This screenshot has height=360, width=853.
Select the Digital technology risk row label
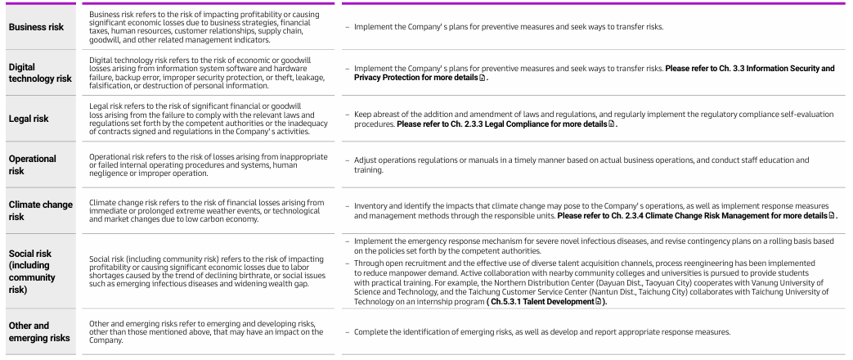(x=40, y=73)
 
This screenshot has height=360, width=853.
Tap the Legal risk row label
(x=29, y=119)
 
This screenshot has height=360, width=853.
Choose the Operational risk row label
(x=33, y=164)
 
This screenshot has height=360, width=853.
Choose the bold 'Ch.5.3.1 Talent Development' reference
(x=574, y=302)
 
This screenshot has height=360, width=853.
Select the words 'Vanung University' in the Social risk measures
(x=787, y=284)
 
